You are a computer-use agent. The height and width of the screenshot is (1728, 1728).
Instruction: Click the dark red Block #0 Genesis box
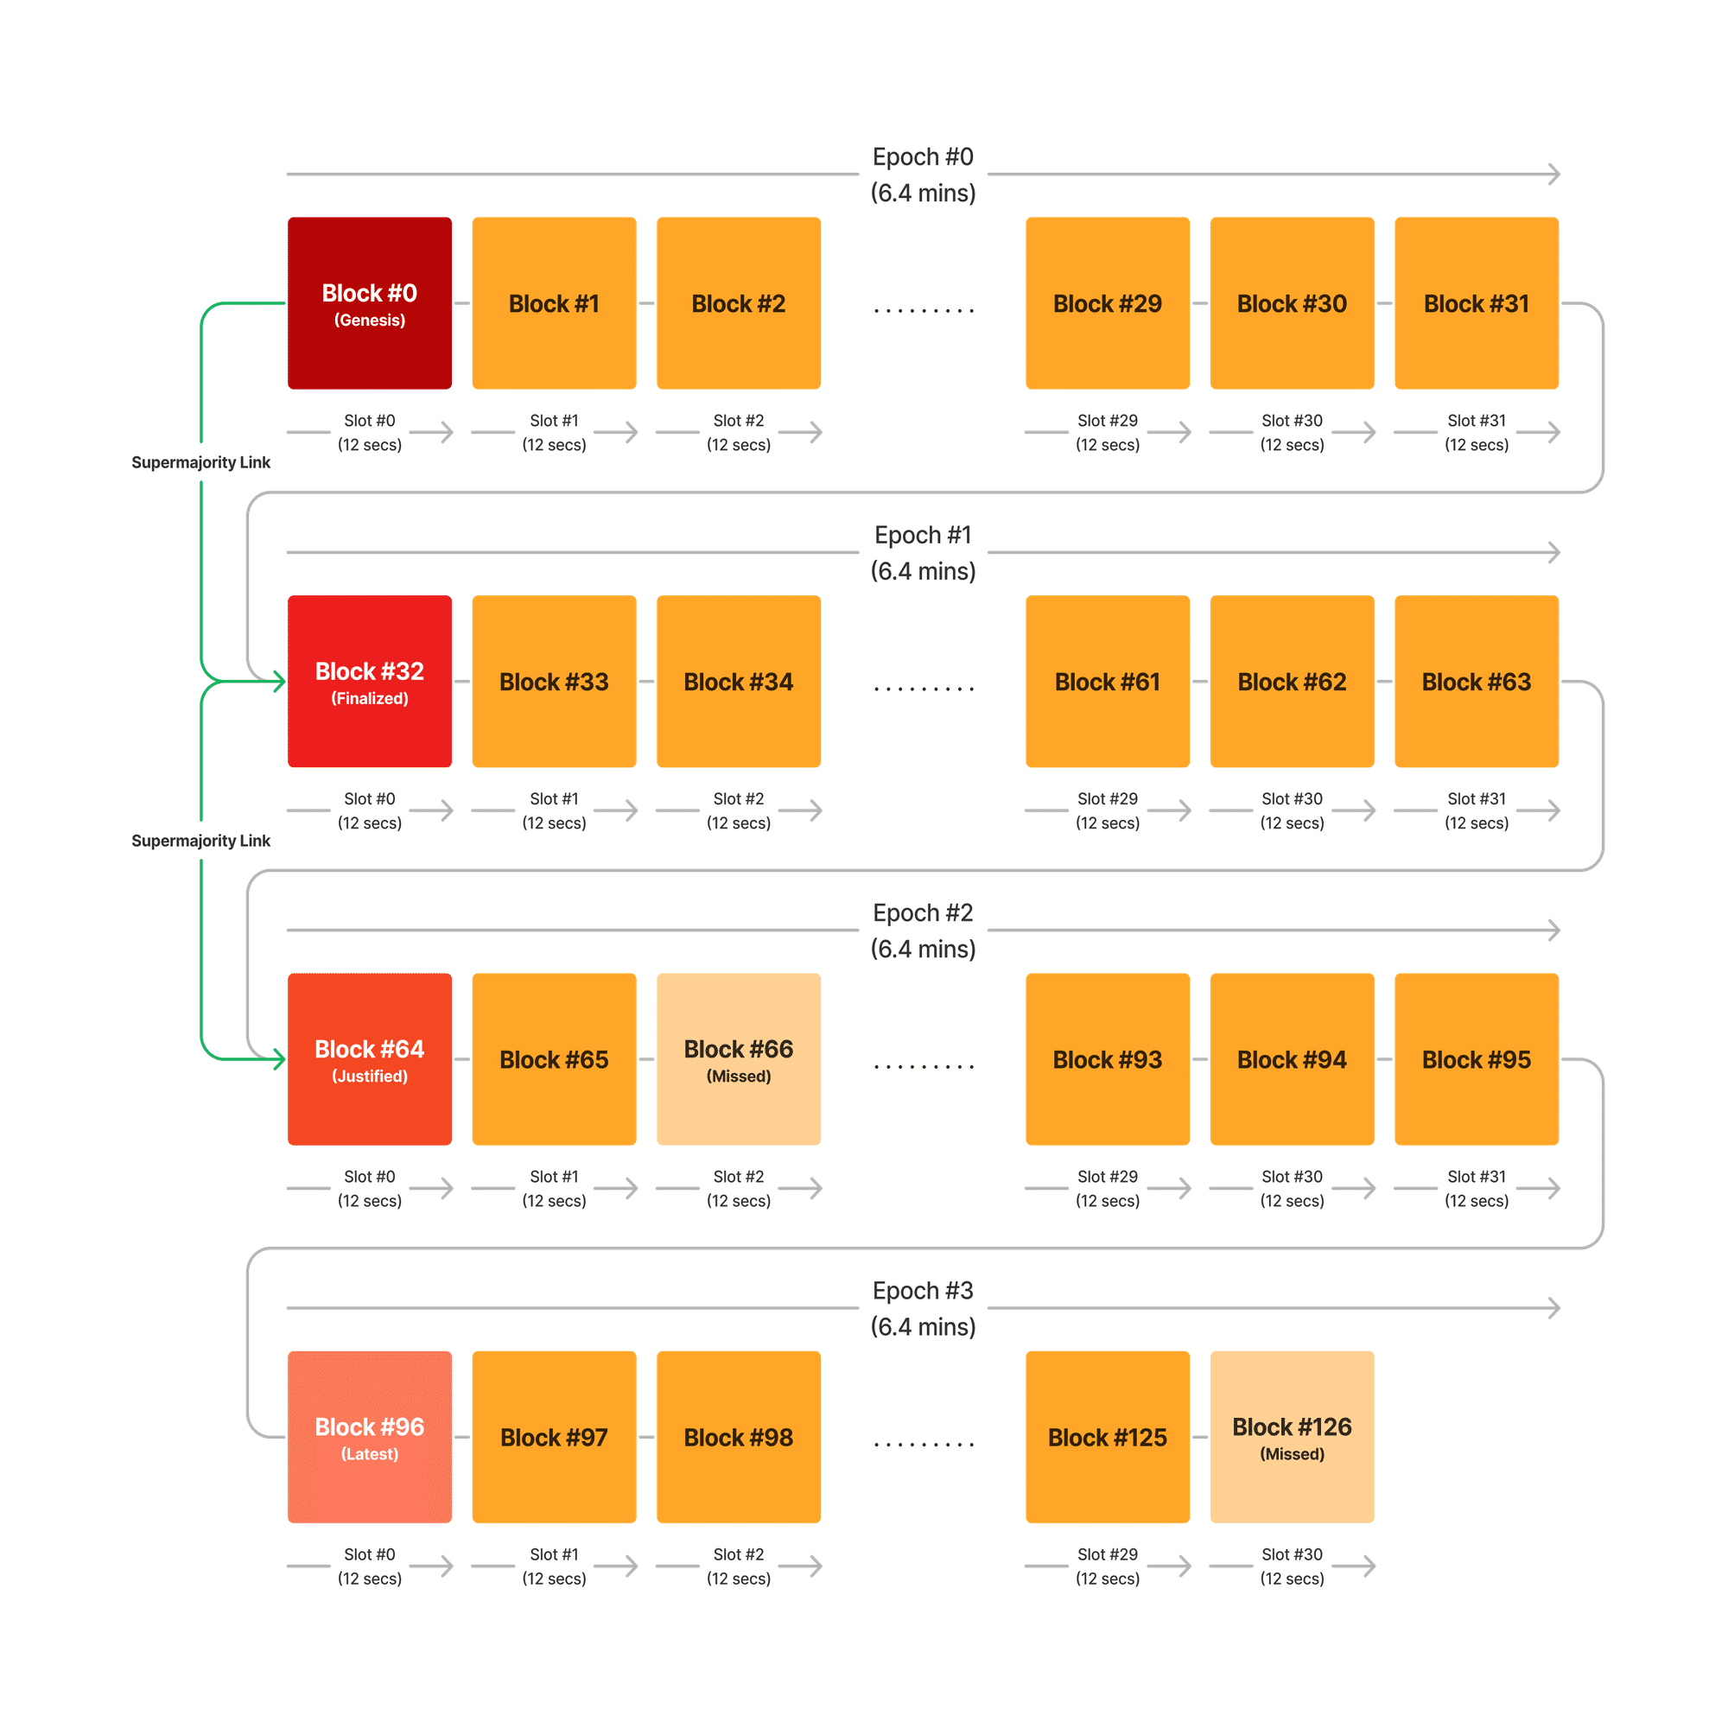(x=370, y=302)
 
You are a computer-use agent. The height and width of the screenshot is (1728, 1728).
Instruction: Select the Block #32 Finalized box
(x=370, y=682)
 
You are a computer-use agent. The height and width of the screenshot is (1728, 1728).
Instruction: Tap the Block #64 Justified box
(x=370, y=1059)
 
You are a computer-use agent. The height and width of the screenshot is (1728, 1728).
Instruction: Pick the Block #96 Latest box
(x=370, y=1437)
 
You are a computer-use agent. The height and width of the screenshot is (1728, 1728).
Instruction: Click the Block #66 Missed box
(x=738, y=1059)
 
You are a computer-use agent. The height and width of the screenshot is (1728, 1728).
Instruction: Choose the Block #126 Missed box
(x=1292, y=1437)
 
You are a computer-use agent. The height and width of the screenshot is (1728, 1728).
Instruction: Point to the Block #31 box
(x=1476, y=302)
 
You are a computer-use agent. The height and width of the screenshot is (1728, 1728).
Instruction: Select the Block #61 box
(x=1108, y=682)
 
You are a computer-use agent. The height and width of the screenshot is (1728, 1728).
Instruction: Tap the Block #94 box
(x=1292, y=1059)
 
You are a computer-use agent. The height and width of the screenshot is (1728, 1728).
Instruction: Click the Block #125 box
(x=1108, y=1437)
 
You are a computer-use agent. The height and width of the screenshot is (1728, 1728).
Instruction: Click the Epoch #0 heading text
(x=923, y=157)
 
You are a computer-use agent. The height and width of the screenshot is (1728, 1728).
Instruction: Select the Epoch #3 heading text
(x=923, y=1292)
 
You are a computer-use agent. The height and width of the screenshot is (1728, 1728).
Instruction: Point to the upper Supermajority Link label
(x=200, y=462)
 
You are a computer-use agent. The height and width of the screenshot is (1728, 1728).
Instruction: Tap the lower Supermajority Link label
(x=200, y=841)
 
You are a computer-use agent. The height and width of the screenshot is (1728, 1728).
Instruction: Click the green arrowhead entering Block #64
(x=279, y=1060)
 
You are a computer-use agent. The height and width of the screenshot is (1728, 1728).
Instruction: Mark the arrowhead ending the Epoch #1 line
(x=1554, y=553)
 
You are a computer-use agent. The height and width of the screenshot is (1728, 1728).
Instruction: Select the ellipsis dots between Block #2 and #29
(x=923, y=311)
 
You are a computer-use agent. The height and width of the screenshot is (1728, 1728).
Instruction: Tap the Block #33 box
(x=554, y=682)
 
